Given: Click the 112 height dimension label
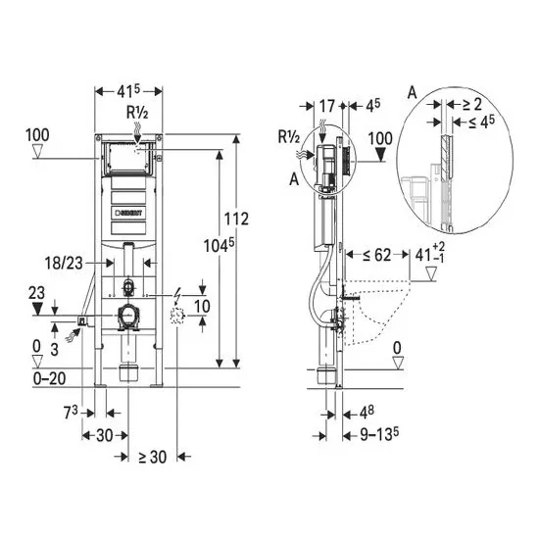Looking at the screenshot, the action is (236, 219).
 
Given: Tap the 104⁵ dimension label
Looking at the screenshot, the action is (219, 245).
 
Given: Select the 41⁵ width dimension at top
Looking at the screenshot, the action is (128, 91).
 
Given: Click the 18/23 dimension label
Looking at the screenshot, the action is (64, 264).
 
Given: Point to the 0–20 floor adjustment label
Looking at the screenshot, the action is (50, 378).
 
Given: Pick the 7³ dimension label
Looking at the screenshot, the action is (72, 413).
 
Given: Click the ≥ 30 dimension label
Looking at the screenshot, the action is (153, 457).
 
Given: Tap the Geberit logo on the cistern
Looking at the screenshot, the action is (128, 213).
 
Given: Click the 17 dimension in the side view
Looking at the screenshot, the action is (327, 106).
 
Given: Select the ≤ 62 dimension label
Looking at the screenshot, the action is (377, 255).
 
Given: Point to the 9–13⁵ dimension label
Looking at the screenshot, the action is (379, 435).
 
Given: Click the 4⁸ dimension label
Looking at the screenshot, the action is (367, 413).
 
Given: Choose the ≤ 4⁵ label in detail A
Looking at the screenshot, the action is (481, 122).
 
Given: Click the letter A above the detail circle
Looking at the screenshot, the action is (412, 93).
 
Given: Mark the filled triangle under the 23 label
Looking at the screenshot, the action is (37, 309).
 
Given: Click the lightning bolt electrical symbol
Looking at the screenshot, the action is (177, 294).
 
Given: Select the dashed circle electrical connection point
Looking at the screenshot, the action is (177, 316).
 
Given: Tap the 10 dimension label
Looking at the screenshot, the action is (202, 306).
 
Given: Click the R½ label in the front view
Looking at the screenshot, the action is (137, 112).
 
